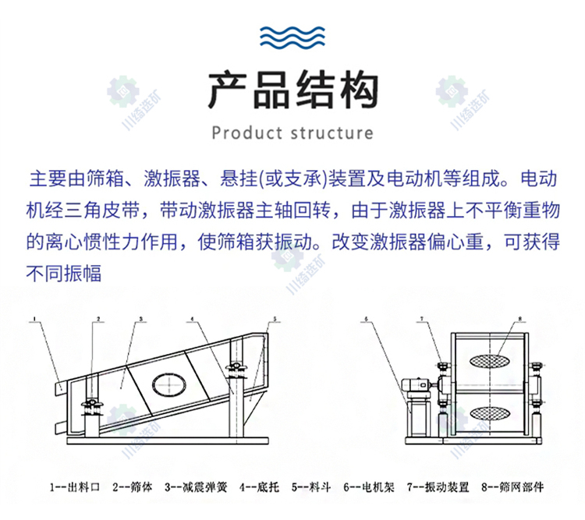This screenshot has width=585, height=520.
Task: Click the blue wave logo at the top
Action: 292,37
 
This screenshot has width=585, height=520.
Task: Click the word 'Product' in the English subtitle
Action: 247,133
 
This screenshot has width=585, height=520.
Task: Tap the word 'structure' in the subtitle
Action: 331,133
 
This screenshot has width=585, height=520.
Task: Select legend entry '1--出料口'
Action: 75,486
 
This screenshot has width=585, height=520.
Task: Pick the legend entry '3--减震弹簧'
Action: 196,486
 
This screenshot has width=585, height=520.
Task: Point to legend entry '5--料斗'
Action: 311,486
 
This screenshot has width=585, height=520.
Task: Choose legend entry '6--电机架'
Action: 369,486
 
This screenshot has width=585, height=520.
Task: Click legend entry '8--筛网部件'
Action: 512,486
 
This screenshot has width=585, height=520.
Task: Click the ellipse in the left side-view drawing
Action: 169,384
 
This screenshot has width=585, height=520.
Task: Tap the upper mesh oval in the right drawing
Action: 489,360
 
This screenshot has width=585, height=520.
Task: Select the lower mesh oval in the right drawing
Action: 489,412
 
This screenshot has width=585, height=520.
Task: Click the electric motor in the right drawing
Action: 415,384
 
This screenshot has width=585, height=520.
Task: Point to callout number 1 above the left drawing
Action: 34,319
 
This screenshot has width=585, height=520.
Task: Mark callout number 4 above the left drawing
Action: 192,319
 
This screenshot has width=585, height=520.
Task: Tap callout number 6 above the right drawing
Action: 367,319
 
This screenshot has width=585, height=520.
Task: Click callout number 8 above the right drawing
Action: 519,319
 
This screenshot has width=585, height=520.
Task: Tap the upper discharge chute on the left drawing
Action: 59,388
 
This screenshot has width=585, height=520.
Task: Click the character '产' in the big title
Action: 227,90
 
